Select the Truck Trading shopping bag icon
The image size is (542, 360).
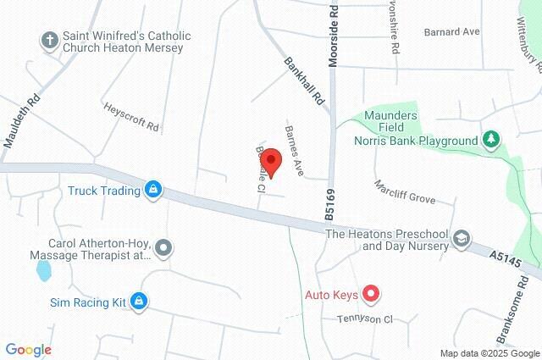coord(153,190)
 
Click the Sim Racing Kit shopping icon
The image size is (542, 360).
coord(140,301)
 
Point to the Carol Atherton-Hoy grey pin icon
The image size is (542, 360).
coord(164,247)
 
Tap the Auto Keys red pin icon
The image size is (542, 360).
coord(370,295)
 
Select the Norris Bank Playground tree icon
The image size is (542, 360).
coord(490,139)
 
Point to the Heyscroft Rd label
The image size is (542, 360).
coord(130,117)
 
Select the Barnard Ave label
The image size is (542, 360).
coord(453,31)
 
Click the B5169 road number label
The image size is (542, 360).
coord(329,204)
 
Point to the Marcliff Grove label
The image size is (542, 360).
coord(405,191)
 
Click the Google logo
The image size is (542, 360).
coord(28,350)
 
